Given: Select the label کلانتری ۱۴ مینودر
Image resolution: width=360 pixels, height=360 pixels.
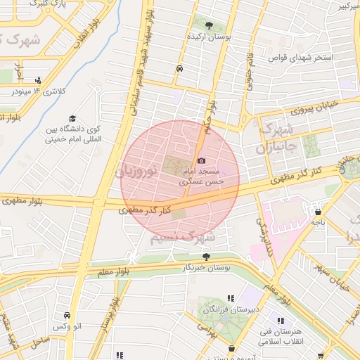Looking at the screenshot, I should (40, 91).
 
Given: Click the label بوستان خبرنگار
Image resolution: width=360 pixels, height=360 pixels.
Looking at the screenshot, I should (208, 268).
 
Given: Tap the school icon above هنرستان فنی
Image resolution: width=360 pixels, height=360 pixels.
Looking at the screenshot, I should (282, 321).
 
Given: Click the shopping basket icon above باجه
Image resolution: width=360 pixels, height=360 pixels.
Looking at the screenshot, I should (319, 211).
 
